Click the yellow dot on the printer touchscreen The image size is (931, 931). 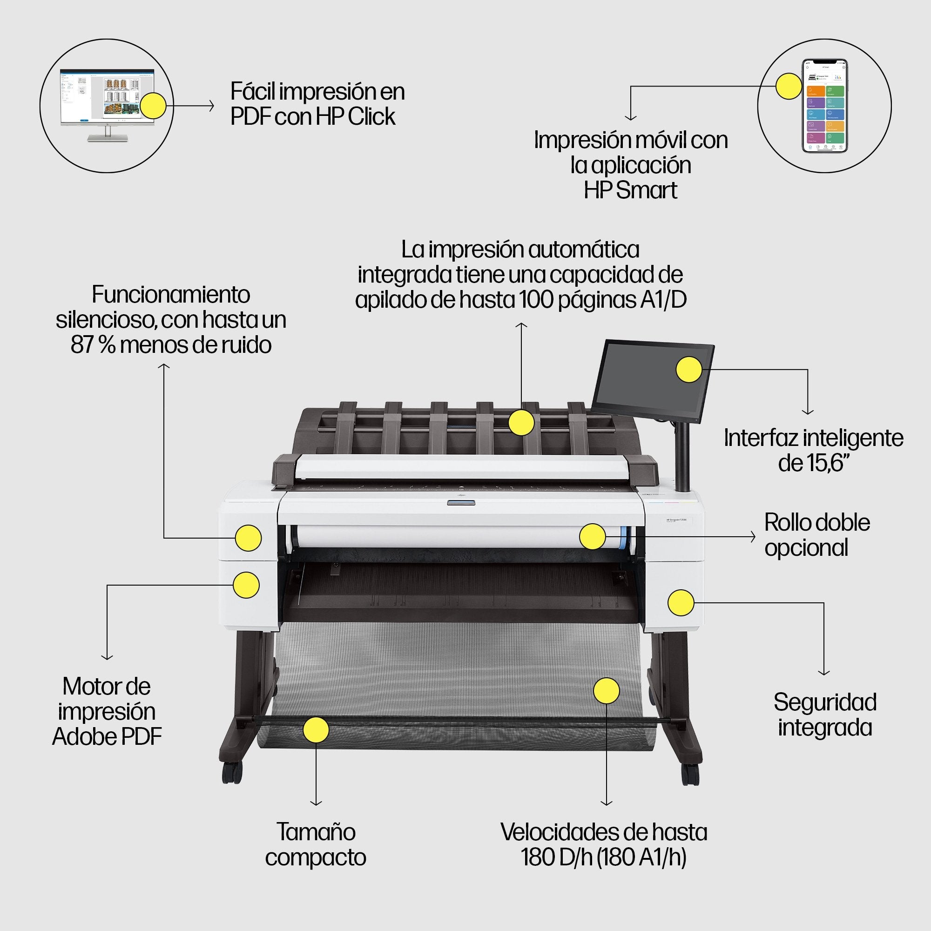tap(689, 370)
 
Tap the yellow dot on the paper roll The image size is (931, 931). tap(592, 536)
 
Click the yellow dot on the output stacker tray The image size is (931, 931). tap(521, 423)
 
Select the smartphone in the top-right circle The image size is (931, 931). tap(824, 106)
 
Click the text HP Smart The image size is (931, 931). tap(630, 190)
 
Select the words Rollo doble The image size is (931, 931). tap(817, 523)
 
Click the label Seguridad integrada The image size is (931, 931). tap(825, 715)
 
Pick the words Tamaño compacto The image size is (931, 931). tap(316, 845)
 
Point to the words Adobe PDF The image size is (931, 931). tap(107, 737)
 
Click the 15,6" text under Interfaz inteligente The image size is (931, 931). tap(813, 463)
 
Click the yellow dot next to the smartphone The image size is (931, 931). tap(789, 86)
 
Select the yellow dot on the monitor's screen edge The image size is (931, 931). tap(153, 106)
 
